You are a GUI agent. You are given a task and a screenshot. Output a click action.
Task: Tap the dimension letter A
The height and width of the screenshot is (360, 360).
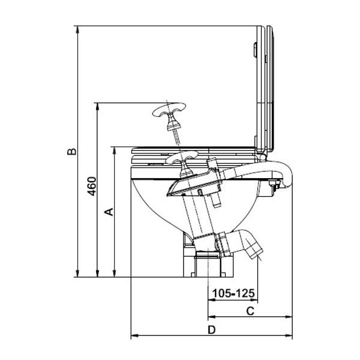(108, 211)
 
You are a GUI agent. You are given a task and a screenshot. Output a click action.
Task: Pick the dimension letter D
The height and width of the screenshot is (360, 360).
(211, 329)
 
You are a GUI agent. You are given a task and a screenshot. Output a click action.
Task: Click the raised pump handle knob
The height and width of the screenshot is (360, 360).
(170, 112)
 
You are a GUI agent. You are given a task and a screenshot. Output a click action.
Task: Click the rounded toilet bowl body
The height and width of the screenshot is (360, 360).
(150, 210)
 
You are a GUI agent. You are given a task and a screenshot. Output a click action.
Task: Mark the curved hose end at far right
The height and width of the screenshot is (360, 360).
(285, 177)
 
